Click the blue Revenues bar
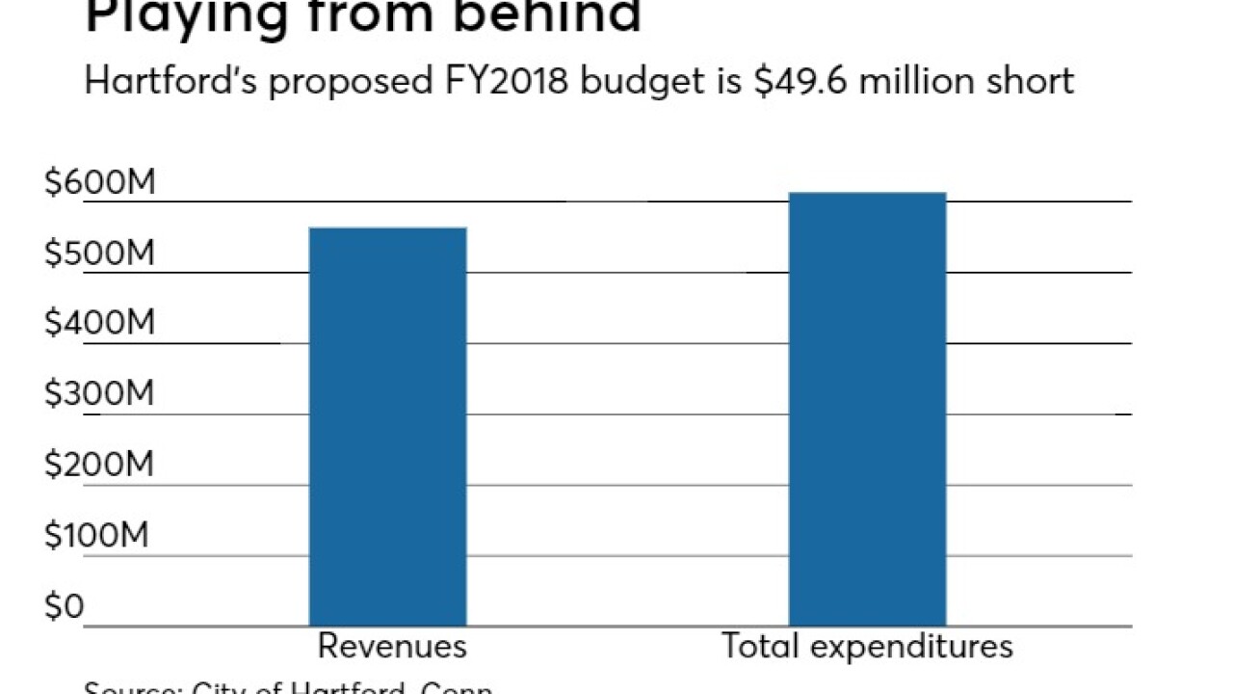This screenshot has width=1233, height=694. click(x=387, y=426)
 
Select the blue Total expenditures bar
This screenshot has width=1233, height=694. click(x=867, y=409)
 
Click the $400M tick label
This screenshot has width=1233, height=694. click(x=99, y=323)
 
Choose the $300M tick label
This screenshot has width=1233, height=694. click(x=99, y=394)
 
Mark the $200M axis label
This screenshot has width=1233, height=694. click(x=99, y=465)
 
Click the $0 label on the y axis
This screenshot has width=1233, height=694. click(x=64, y=606)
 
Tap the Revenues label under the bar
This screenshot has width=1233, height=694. click(x=392, y=646)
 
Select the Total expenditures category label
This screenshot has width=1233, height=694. click(x=867, y=646)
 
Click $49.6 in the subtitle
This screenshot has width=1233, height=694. click(x=789, y=80)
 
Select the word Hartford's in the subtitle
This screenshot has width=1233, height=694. click(x=171, y=80)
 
